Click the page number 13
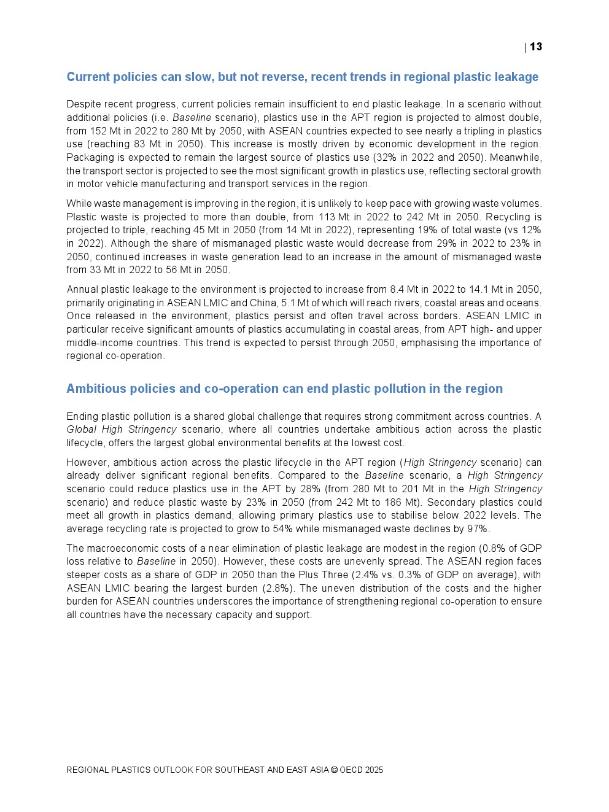(x=536, y=47)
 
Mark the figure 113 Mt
(x=333, y=217)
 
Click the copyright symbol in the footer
(x=335, y=770)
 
